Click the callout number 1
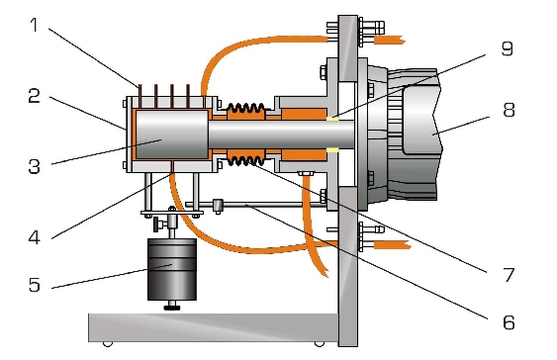pos(34,25)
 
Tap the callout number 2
pos(34,96)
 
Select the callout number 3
pos(34,166)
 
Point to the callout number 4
pos(34,237)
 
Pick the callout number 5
pos(34,285)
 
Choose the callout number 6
pos(509,322)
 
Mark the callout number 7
pos(509,275)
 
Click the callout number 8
pos(509,110)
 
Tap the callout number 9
pos(508,48)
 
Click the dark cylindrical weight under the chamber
pos(172,269)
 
